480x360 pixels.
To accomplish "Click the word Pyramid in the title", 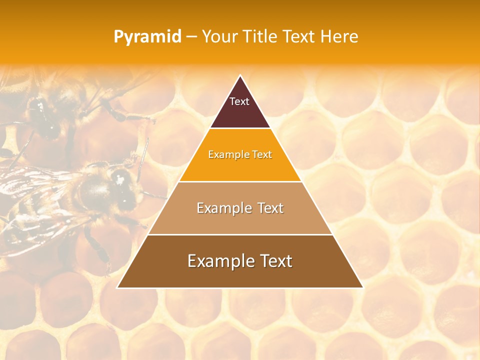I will [x=147, y=37].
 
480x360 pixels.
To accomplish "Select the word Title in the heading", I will [x=260, y=36].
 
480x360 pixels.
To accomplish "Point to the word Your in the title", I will [x=218, y=36].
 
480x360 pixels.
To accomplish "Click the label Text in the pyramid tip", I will [x=239, y=101].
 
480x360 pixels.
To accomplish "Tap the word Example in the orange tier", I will [x=225, y=154].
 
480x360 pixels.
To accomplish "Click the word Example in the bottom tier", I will [x=218, y=261].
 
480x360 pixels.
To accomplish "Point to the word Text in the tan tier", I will [x=267, y=208].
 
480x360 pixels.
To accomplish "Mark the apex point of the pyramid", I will [x=240, y=76].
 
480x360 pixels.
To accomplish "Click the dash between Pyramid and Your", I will [x=191, y=37].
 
